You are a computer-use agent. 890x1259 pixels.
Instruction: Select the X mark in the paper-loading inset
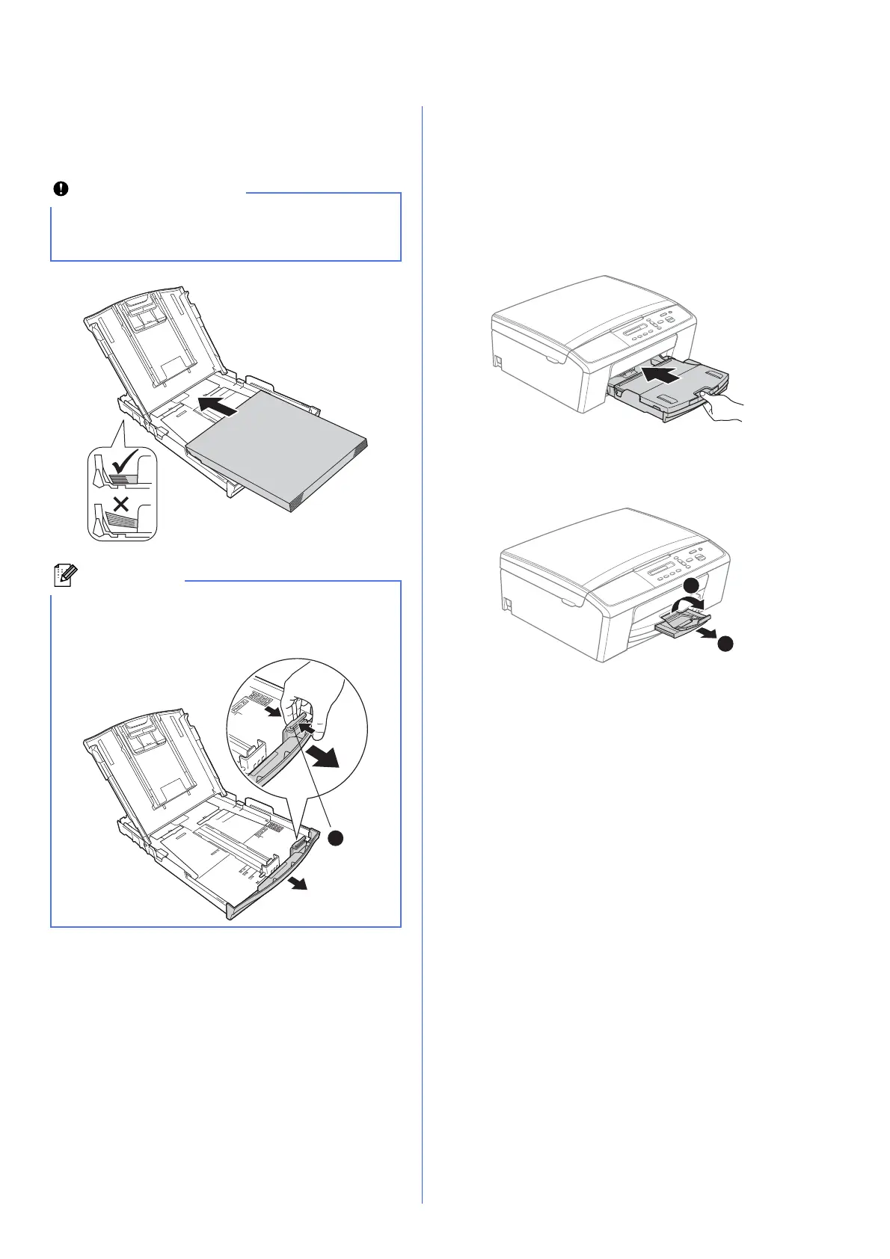click(121, 503)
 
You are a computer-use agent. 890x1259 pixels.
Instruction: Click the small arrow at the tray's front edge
click(298, 884)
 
